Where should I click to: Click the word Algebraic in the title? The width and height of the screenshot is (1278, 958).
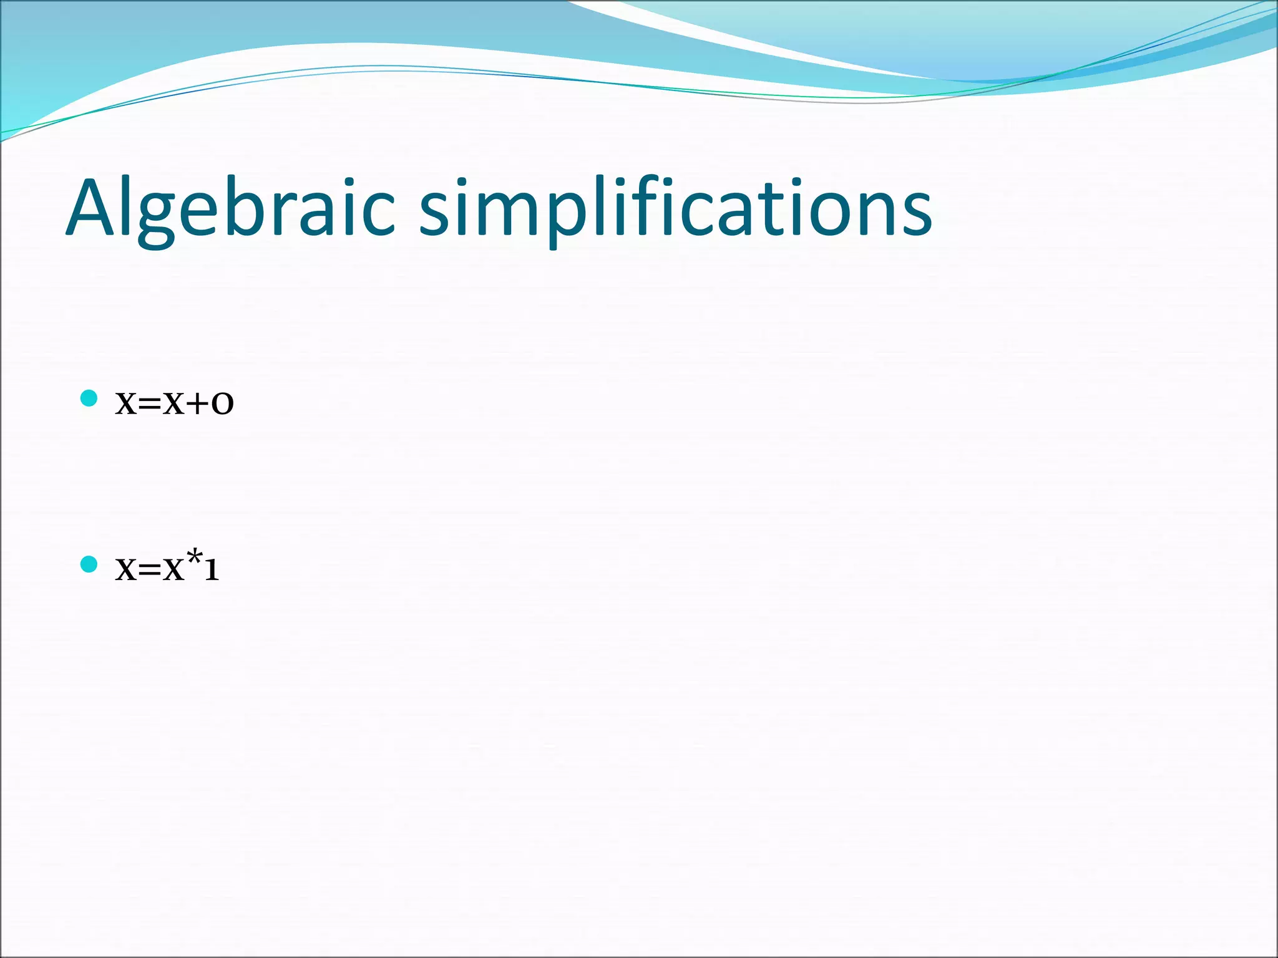pos(230,209)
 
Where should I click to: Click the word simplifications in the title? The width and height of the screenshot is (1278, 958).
pos(675,209)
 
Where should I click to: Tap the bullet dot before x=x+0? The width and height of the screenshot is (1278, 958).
pos(89,398)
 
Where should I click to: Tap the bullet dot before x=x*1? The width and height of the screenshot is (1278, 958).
pos(89,564)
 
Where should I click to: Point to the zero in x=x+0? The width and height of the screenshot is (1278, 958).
pos(222,405)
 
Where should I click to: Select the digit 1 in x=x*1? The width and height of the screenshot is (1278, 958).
pos(212,570)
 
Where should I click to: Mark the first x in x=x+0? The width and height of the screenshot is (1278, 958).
pos(125,405)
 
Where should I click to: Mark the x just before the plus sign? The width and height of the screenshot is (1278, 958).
pos(173,405)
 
